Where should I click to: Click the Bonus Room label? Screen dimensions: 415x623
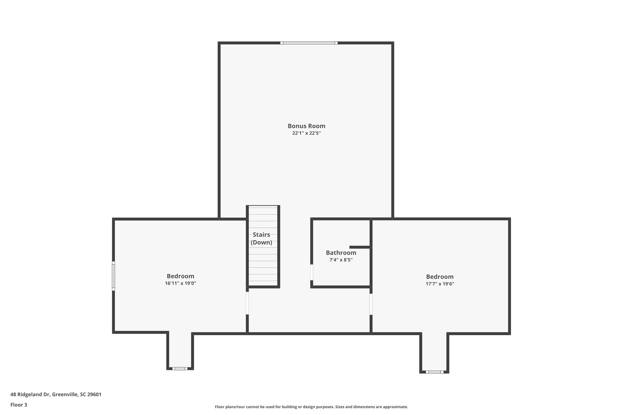(306, 126)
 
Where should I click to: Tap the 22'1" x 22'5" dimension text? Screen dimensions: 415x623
(306, 133)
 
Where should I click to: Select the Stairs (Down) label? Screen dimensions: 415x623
(261, 238)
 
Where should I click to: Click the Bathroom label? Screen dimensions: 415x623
(341, 253)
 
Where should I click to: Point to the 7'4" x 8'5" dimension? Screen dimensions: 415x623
(341, 260)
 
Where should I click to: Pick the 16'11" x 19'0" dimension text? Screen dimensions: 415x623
(180, 283)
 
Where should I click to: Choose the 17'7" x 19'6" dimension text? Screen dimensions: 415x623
(440, 284)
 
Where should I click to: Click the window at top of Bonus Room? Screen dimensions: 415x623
(309, 43)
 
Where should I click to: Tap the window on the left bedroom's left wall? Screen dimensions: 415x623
(113, 276)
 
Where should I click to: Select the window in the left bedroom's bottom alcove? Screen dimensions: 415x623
(180, 368)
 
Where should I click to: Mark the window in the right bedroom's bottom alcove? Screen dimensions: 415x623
(434, 372)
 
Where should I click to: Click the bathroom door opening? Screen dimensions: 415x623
(312, 272)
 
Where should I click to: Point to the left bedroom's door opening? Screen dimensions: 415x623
(247, 303)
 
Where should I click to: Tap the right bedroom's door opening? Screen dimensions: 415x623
(371, 304)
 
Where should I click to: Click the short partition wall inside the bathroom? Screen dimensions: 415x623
(360, 247)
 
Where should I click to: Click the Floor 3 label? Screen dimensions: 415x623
(19, 405)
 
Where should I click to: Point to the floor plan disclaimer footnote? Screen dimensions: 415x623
(311, 407)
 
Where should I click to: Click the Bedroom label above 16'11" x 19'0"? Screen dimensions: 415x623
(180, 276)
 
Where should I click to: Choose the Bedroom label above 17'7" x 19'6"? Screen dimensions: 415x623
(440, 277)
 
